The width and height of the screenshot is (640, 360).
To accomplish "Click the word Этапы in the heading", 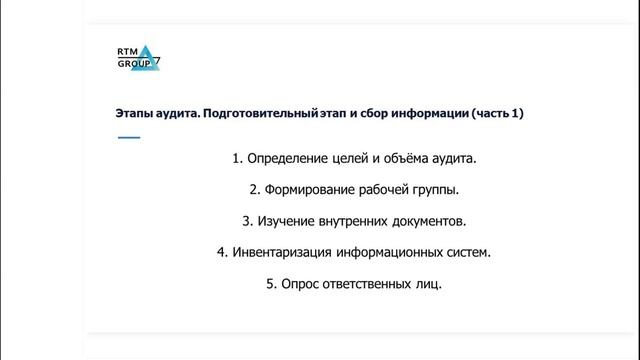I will coord(133,114).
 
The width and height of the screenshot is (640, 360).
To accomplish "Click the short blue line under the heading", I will coord(129,137).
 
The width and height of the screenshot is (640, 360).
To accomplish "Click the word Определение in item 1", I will coord(289,158).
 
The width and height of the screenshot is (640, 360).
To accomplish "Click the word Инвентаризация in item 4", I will coord(281,252).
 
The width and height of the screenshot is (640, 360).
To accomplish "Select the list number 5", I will coord(270,284).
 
